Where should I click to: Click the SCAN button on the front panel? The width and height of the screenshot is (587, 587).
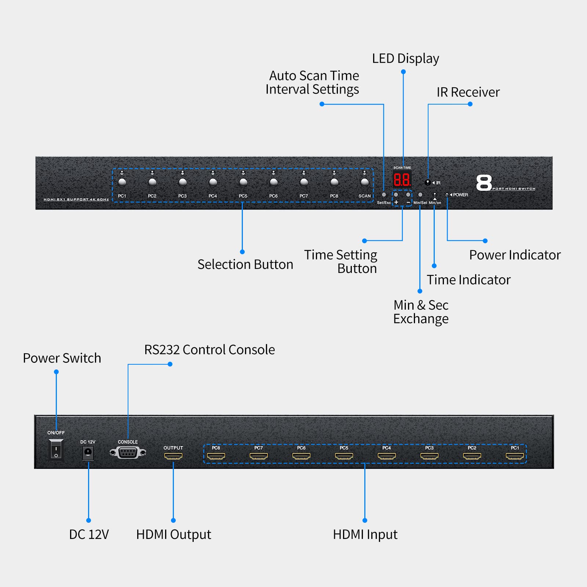coord(364,182)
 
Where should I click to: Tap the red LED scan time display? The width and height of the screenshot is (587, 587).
coord(402,179)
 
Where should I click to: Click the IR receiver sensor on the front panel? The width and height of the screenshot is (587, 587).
coord(427,182)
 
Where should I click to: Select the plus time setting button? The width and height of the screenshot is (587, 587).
coord(396,195)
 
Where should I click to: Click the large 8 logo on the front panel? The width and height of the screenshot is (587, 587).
coord(484,183)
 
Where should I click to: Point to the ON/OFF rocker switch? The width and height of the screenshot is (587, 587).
coord(56,449)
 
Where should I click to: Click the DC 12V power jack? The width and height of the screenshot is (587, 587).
coord(88,452)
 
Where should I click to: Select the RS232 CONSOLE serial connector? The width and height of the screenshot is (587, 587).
coord(128,453)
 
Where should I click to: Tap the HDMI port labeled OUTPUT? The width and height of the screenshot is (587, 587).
coord(173,456)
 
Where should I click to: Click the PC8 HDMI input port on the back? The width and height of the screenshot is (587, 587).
coord(216,456)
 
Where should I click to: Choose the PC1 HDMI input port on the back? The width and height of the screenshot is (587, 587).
coord(515,456)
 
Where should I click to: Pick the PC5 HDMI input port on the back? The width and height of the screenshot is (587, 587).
coord(344,456)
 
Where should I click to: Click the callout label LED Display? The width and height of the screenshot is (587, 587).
coord(405,59)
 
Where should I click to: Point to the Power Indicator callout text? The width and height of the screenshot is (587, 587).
coord(515,255)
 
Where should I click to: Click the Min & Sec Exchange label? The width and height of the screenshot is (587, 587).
coord(421,312)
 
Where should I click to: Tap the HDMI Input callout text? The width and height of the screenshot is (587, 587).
coord(365,535)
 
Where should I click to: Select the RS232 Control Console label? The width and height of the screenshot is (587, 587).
coord(209,350)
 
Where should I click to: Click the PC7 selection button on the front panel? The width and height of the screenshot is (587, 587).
coord(304,182)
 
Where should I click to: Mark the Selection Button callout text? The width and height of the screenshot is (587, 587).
coord(245,265)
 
